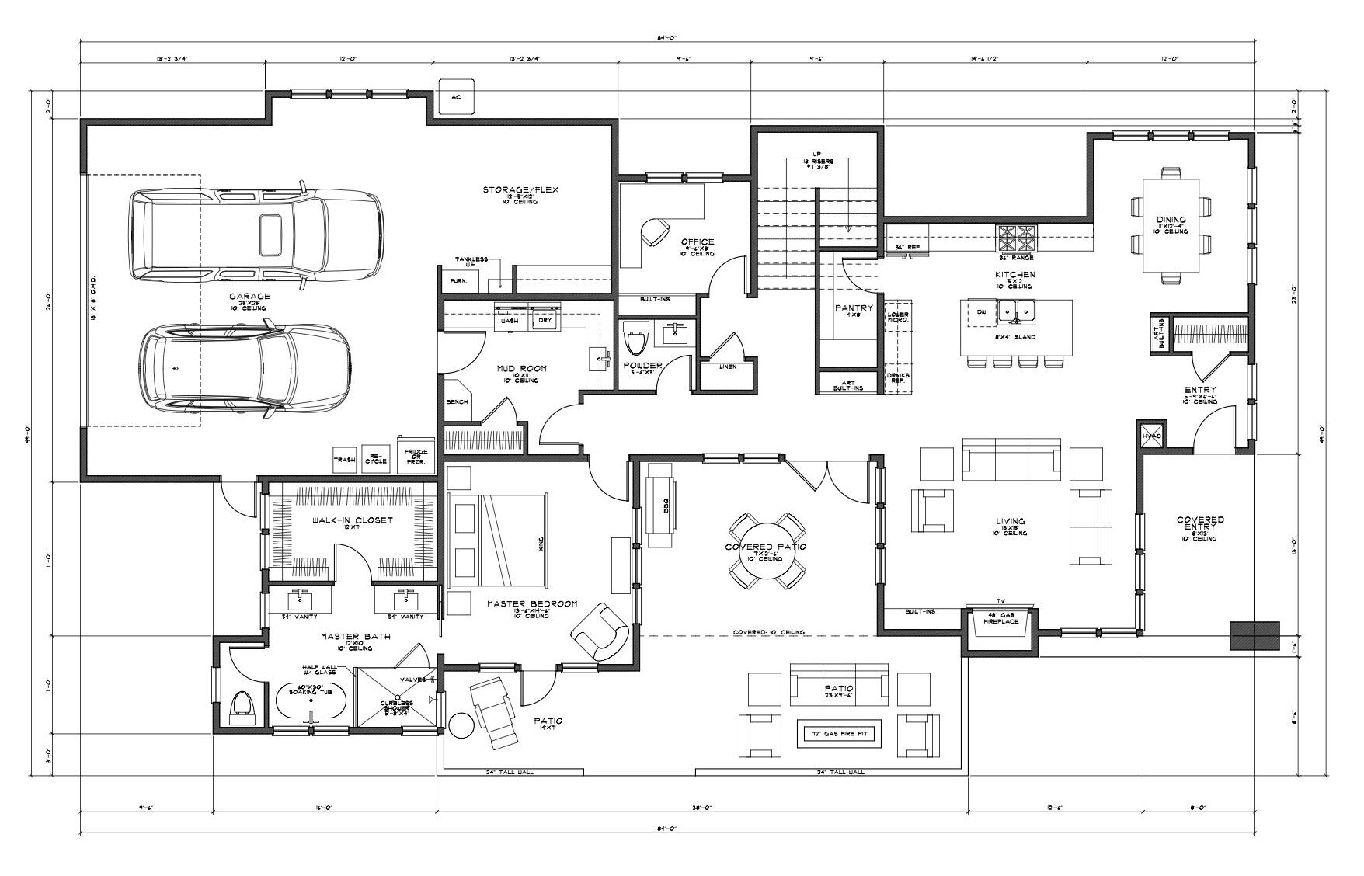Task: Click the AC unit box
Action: pyautogui.click(x=456, y=97)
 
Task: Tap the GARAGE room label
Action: pyautogui.click(x=249, y=297)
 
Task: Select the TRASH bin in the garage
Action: pyautogui.click(x=345, y=459)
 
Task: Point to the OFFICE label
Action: pyautogui.click(x=697, y=242)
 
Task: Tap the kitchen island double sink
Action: pyautogui.click(x=1016, y=311)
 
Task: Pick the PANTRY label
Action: pyautogui.click(x=854, y=308)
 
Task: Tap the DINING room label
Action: pyautogui.click(x=1170, y=220)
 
